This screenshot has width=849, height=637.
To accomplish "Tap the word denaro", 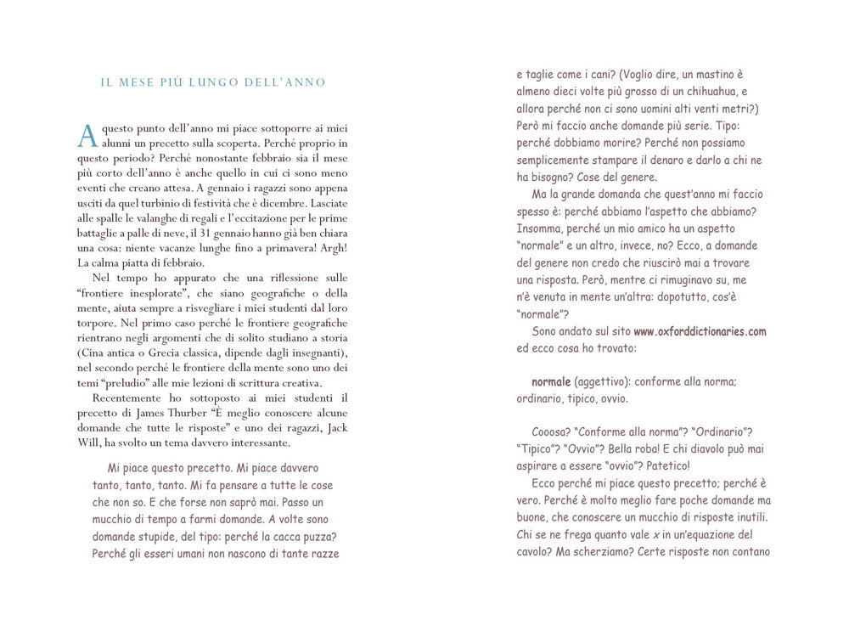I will pos(657,161).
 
